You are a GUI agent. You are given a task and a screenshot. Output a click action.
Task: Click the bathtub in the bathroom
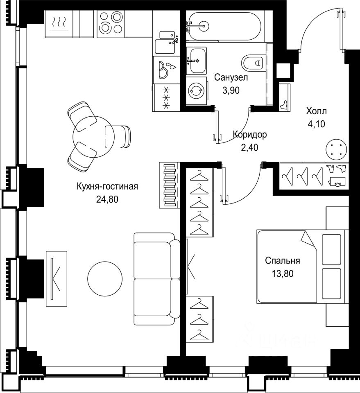(x=224, y=26)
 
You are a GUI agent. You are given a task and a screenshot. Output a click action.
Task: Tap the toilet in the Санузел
(x=253, y=62)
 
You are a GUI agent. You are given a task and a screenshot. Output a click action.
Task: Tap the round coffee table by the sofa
(x=105, y=278)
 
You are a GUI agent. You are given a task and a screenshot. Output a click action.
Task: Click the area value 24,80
(x=107, y=199)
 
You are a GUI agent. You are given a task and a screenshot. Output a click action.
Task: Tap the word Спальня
(x=283, y=261)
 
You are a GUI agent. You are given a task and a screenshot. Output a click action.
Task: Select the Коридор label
(x=250, y=135)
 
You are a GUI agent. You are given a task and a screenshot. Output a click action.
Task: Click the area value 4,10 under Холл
(x=316, y=124)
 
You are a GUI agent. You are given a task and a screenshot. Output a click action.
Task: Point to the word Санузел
(x=231, y=77)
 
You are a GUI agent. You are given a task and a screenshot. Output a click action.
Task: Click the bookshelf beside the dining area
(x=169, y=185)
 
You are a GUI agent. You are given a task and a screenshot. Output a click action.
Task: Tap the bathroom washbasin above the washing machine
(x=196, y=61)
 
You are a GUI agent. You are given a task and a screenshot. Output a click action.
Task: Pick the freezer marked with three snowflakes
(x=166, y=97)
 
